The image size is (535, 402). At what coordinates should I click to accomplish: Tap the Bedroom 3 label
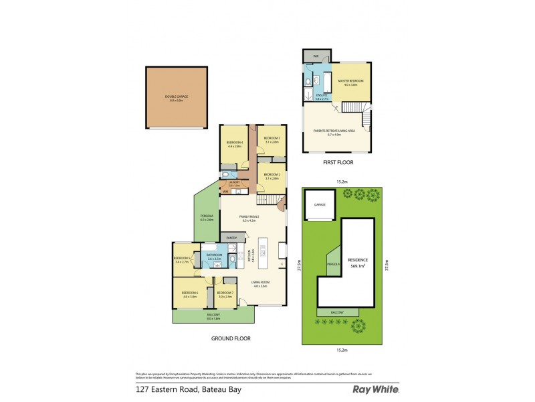tap(271, 139)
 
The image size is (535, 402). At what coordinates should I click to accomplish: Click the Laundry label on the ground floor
tap(234, 183)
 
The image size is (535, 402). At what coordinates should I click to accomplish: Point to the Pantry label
tap(232, 238)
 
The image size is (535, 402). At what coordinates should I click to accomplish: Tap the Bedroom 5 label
tap(183, 260)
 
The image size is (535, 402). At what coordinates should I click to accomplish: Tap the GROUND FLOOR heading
tap(231, 338)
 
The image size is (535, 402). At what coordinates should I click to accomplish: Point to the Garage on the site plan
tap(320, 205)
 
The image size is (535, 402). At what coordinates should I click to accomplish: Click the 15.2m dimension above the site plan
tap(341, 182)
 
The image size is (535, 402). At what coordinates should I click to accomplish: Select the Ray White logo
tap(376, 389)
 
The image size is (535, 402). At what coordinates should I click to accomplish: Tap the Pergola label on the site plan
tap(332, 264)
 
